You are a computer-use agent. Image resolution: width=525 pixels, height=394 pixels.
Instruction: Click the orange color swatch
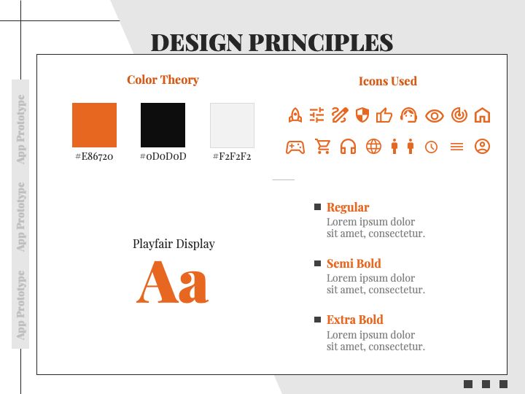coord(94,125)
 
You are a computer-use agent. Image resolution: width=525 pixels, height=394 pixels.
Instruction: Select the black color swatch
coord(163,125)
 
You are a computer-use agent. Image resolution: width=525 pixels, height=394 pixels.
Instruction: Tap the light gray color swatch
coord(232,125)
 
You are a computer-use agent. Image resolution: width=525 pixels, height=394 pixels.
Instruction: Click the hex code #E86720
coord(94,156)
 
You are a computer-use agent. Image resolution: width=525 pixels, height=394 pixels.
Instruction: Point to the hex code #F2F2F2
coord(232,156)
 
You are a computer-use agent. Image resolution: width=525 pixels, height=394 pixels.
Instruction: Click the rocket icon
coord(295,115)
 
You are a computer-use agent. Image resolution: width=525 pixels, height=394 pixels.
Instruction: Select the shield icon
coord(362,115)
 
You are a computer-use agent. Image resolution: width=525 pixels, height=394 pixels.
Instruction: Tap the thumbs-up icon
coord(384,115)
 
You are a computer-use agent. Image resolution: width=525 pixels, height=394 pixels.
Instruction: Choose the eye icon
coord(435,115)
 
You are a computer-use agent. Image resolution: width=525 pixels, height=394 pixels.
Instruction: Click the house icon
coord(482,115)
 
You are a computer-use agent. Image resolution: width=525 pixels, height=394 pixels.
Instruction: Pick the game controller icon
coord(295,147)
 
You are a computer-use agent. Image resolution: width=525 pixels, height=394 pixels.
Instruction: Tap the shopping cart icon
coord(323,147)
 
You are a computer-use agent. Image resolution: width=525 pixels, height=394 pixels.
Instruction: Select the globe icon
coord(373,147)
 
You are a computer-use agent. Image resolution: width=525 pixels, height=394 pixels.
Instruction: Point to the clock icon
coord(432,147)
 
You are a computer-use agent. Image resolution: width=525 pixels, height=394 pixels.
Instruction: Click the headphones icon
coord(348,147)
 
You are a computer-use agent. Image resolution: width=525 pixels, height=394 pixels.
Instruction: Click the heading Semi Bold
coord(354,263)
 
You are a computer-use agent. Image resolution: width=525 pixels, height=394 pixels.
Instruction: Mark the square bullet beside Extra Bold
coord(317,320)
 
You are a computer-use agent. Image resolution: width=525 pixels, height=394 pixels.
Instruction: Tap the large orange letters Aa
coord(173,282)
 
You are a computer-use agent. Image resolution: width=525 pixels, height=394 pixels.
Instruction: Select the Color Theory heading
coord(163,80)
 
